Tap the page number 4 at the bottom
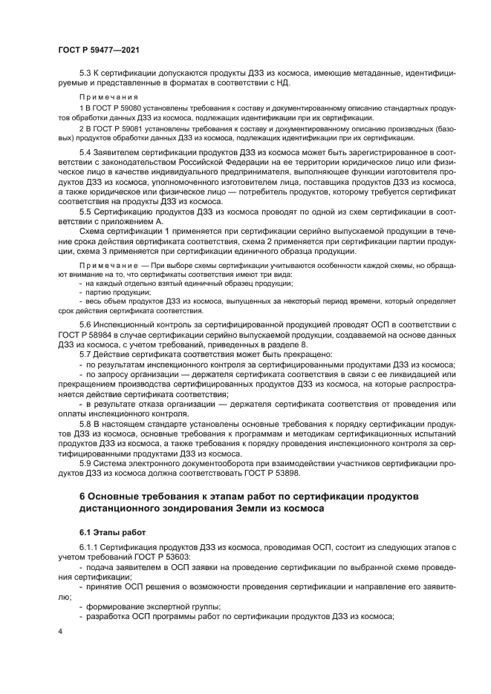[x=60, y=631]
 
